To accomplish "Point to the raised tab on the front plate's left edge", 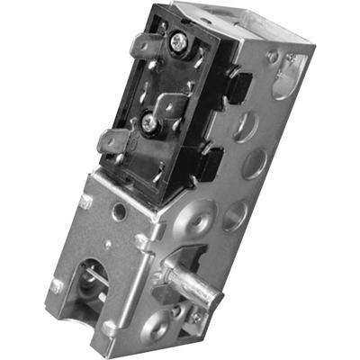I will [x=57, y=286].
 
